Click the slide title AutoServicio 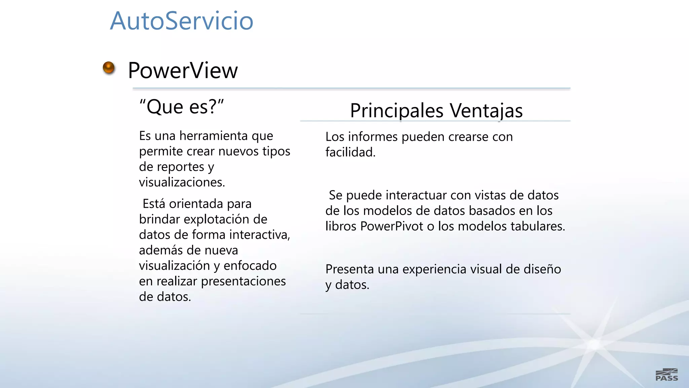click(x=181, y=21)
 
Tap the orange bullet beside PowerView click(x=109, y=68)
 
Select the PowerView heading click(x=183, y=71)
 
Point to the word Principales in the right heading click(x=397, y=111)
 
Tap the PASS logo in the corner click(x=666, y=375)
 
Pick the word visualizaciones click(x=182, y=182)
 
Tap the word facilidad click(x=350, y=152)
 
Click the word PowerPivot click(x=391, y=226)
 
